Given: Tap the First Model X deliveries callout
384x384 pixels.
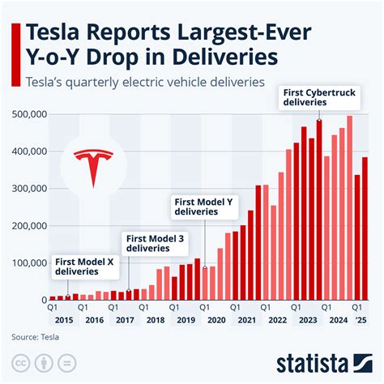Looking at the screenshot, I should click(x=84, y=267).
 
